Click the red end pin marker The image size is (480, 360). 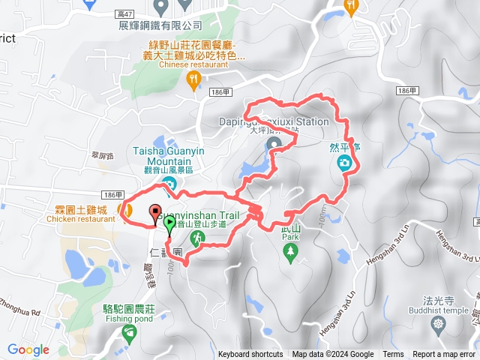coord(156,212)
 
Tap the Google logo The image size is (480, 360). coord(28,349)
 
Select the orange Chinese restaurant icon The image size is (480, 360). coord(194,78)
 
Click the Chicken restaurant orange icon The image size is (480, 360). coord(125,210)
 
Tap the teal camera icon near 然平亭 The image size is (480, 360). coord(344,163)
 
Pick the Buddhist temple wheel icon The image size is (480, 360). coord(438,324)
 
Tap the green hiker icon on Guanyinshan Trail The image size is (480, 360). coord(197,238)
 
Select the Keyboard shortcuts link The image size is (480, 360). coord(250,355)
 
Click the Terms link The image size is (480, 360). coord(393,355)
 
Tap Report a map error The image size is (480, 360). coord(445,355)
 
